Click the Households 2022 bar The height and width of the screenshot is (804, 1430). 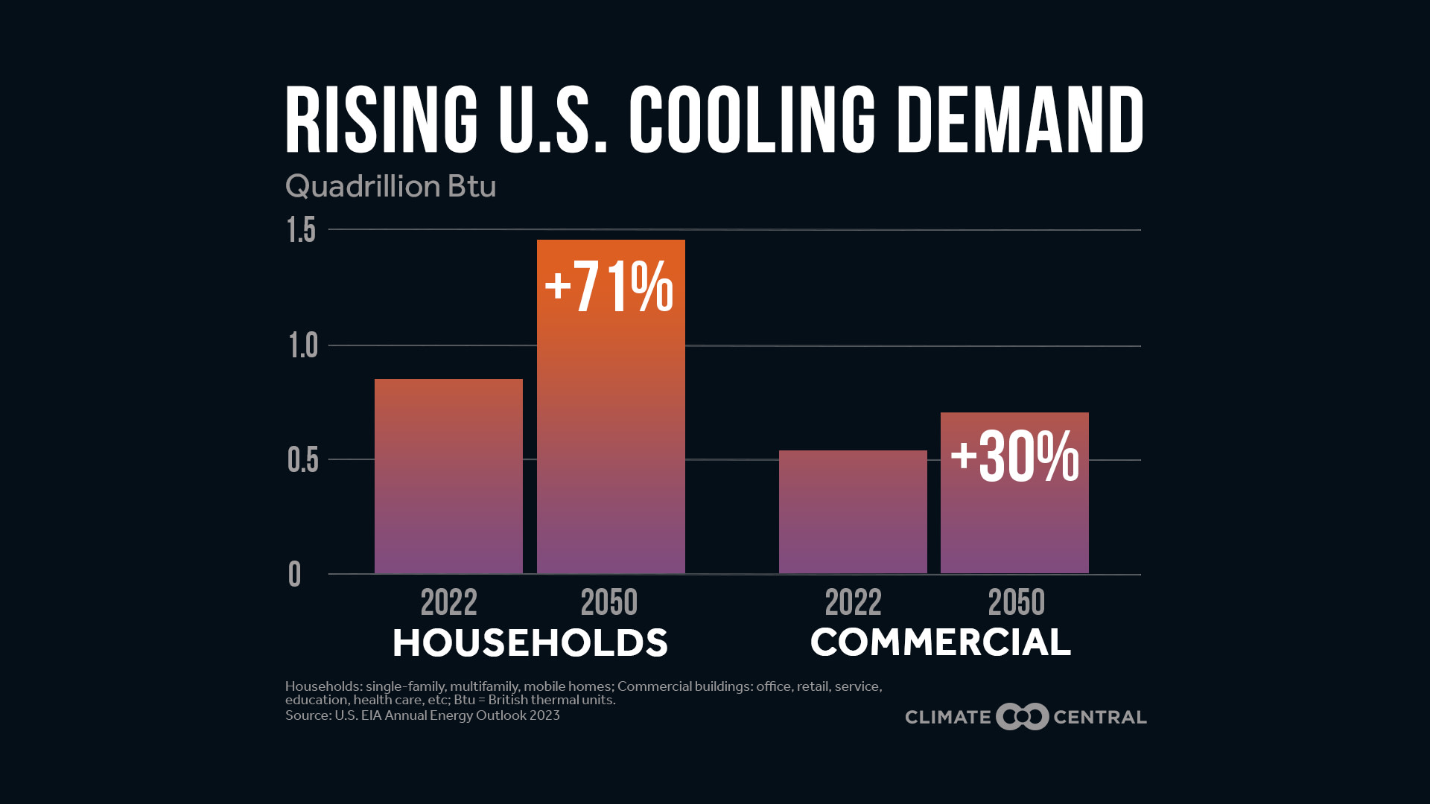(448, 476)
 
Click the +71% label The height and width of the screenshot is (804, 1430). (609, 287)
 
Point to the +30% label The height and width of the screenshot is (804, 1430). (1014, 456)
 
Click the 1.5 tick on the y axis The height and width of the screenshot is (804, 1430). (302, 231)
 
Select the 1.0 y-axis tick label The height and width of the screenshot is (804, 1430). (303, 346)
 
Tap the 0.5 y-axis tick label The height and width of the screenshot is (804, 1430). (302, 460)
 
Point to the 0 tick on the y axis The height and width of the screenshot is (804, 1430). (295, 575)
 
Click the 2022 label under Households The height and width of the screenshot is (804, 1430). (448, 602)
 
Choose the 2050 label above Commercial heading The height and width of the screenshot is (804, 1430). (1016, 602)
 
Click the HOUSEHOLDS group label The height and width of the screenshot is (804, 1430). (530, 643)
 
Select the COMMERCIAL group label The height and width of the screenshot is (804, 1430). (940, 642)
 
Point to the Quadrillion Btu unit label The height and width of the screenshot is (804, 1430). (390, 186)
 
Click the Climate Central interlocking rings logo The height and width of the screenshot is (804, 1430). (1022, 717)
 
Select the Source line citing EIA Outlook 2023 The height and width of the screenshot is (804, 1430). (422, 715)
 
